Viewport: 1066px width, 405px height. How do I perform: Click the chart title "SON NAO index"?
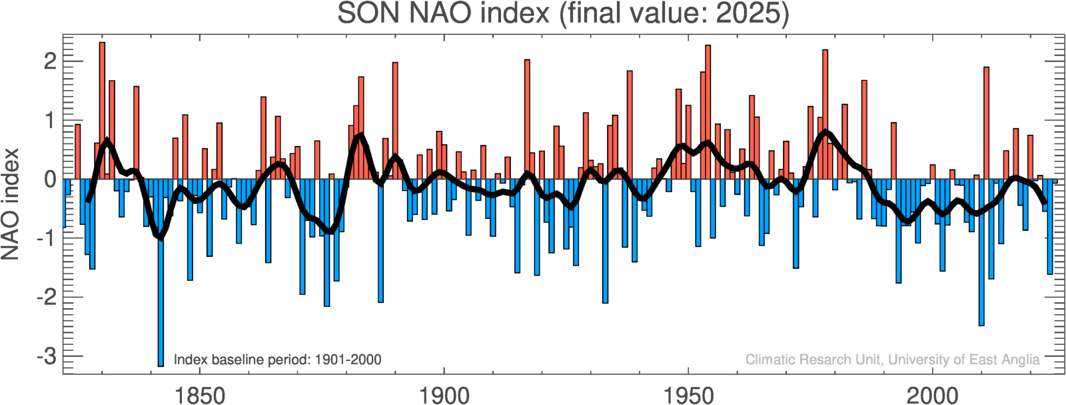(443, 13)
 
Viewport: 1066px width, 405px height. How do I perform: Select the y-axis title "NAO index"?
(11, 204)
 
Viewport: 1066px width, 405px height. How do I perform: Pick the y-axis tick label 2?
(50, 61)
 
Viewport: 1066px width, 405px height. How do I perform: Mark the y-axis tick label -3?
(47, 356)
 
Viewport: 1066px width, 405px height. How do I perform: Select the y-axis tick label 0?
(50, 179)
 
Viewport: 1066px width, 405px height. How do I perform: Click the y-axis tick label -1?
(47, 238)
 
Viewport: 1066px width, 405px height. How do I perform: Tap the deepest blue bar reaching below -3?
(161, 280)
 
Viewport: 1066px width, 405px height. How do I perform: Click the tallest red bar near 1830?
(102, 107)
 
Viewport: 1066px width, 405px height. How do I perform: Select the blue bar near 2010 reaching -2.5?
(981, 254)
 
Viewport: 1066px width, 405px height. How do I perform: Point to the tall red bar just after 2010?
(987, 120)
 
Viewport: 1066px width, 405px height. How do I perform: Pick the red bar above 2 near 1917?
(527, 117)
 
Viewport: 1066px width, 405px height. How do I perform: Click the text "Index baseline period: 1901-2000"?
(277, 360)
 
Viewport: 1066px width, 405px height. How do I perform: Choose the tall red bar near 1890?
(395, 120)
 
